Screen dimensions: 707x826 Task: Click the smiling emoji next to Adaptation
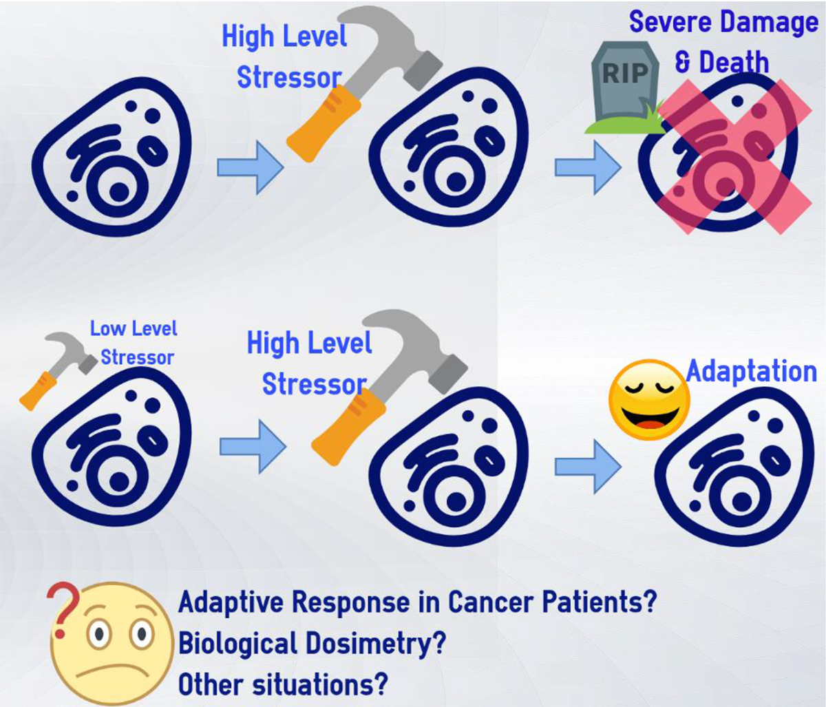(649, 399)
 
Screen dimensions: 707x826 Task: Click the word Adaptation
(751, 372)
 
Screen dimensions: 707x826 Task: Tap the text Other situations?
(283, 684)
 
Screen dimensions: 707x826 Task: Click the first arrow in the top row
(250, 167)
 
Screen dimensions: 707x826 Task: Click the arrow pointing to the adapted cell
(587, 467)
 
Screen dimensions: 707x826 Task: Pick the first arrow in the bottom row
(252, 447)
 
